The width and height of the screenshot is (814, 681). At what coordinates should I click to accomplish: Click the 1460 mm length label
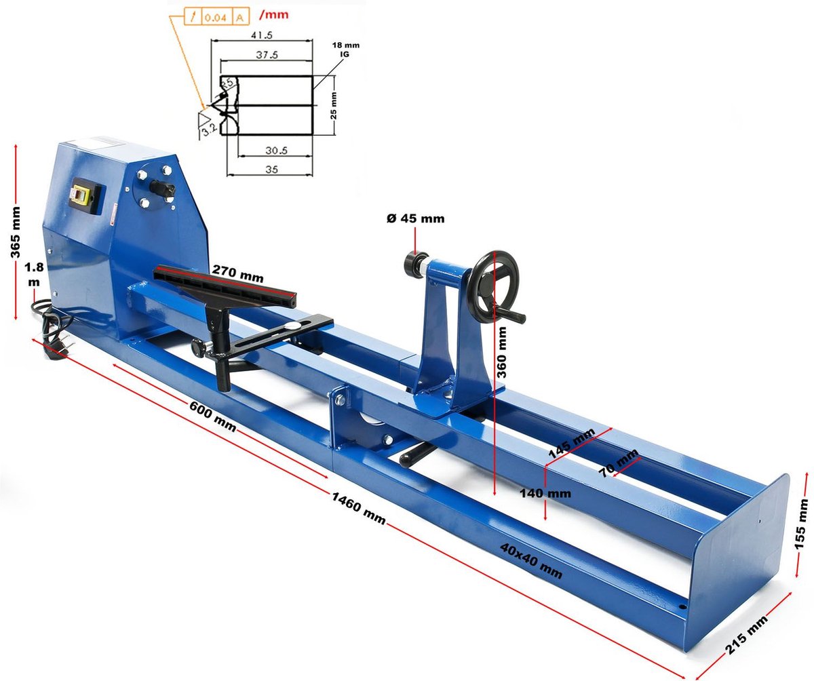pyautogui.click(x=359, y=508)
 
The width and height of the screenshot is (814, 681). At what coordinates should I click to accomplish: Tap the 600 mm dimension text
pyautogui.click(x=212, y=416)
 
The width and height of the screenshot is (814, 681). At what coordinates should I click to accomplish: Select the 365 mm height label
pyautogui.click(x=15, y=233)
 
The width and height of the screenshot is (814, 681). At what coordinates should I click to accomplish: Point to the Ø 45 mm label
pyautogui.click(x=416, y=218)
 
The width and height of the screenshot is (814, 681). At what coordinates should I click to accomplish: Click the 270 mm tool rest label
pyautogui.click(x=238, y=273)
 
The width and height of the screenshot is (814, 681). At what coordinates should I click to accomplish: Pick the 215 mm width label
pyautogui.click(x=747, y=634)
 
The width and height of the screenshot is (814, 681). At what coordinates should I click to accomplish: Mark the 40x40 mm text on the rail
pyautogui.click(x=531, y=561)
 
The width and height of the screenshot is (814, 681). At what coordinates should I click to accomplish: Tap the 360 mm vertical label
pyautogui.click(x=502, y=353)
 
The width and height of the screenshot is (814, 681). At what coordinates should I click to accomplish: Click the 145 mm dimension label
pyautogui.click(x=572, y=444)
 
